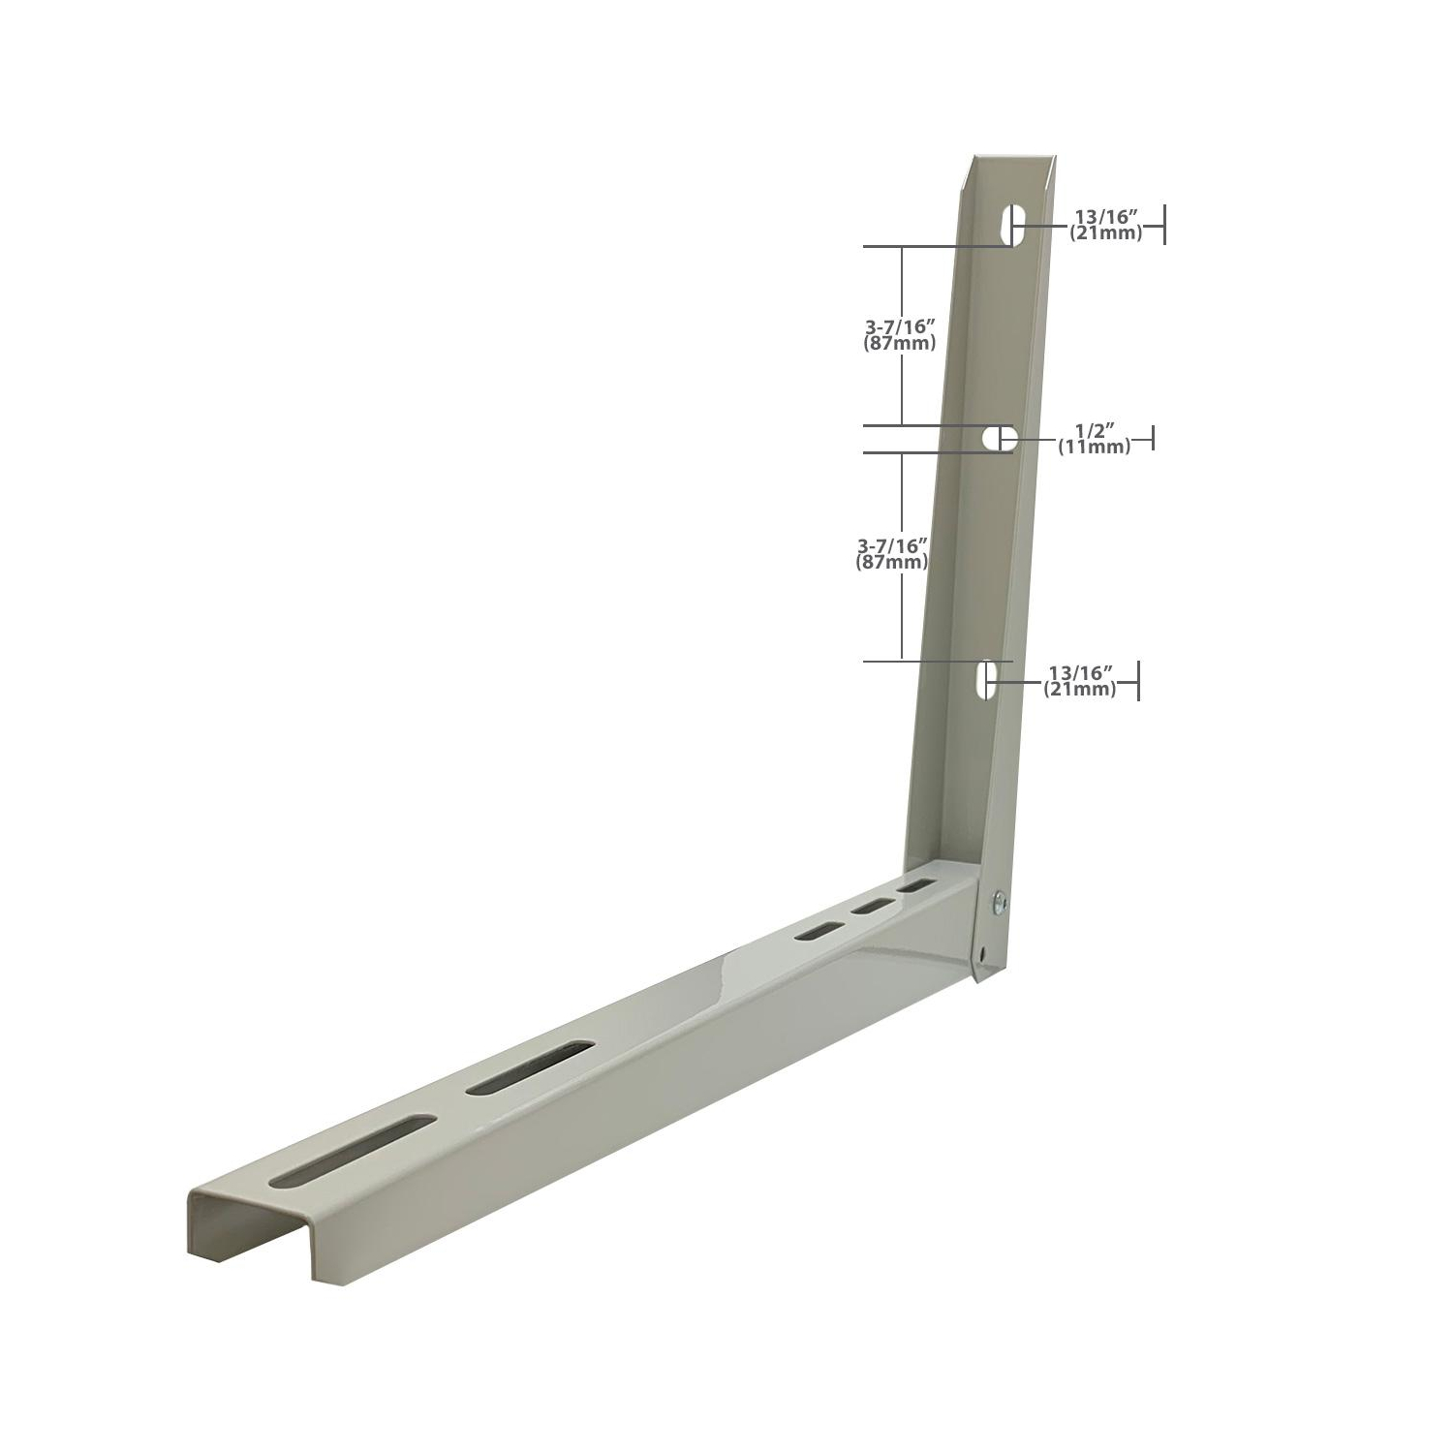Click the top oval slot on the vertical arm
[x=1014, y=226]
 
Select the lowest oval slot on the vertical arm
[x=987, y=680]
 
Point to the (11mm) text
[x=1093, y=447]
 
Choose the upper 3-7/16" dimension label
[x=900, y=327]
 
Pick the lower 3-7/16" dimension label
[x=892, y=546]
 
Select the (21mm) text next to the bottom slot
[x=1080, y=689]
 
